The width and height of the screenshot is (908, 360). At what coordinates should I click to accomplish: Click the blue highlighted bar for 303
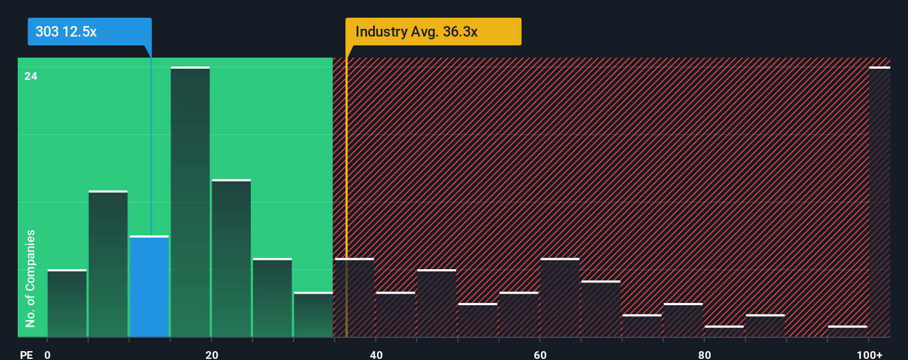click(149, 286)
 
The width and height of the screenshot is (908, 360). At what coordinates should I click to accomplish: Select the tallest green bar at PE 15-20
click(190, 202)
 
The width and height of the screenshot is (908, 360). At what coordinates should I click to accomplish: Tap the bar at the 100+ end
click(879, 202)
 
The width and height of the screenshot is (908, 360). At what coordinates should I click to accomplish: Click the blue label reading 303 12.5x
click(89, 32)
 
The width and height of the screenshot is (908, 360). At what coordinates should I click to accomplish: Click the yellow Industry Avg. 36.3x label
click(433, 32)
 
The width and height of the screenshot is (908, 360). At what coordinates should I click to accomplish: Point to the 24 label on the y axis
click(31, 76)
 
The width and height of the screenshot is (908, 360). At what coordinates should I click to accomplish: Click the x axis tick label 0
click(48, 354)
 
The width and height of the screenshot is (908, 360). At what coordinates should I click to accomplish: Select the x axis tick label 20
click(211, 354)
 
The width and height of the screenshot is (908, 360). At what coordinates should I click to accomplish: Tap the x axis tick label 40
click(376, 354)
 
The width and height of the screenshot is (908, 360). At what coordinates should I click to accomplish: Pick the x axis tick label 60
click(540, 354)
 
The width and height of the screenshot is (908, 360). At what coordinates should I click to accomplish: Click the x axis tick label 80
click(704, 354)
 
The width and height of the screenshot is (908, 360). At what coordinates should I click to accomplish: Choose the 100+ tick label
click(869, 354)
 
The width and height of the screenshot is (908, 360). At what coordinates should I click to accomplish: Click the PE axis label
click(26, 354)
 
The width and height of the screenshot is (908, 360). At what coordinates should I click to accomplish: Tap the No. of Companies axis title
click(30, 278)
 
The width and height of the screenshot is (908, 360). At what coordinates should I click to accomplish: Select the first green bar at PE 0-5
click(67, 304)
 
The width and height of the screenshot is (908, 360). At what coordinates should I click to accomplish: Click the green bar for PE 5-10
click(108, 264)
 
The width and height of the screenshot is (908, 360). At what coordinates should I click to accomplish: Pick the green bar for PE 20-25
click(231, 259)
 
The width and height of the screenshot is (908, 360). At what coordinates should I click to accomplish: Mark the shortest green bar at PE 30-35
click(313, 315)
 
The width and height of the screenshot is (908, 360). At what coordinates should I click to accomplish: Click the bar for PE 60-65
click(560, 298)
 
